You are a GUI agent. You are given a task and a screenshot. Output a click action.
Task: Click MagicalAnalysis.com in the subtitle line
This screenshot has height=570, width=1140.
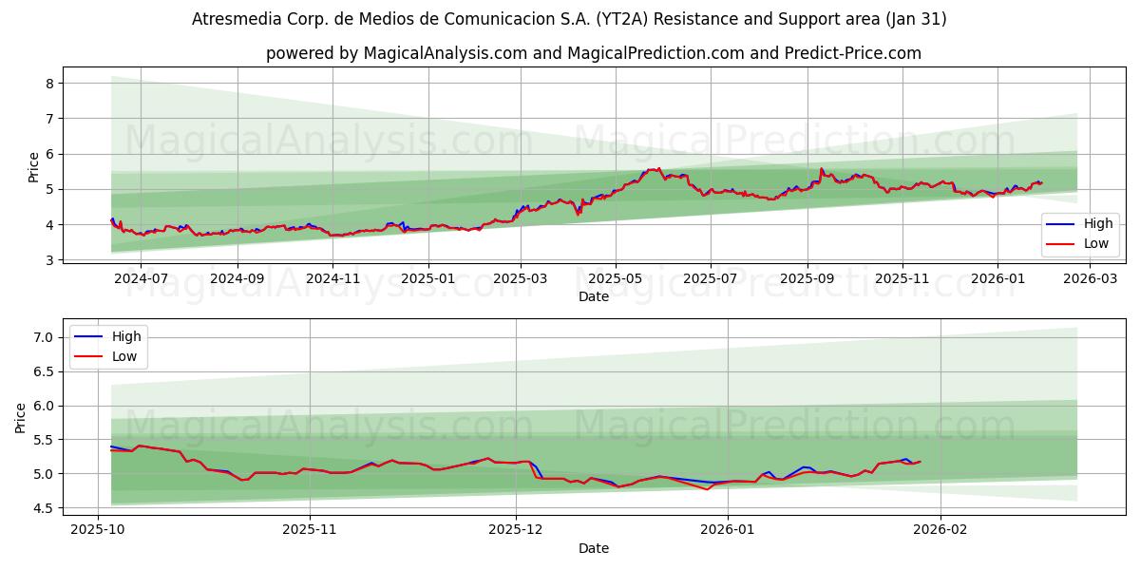(445, 53)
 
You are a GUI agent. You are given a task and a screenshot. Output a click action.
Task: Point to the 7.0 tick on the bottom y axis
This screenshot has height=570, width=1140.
(41, 337)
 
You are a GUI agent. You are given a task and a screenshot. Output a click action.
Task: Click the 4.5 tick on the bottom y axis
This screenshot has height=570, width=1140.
(41, 508)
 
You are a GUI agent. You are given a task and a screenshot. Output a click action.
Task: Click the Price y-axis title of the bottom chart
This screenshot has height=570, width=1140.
(21, 417)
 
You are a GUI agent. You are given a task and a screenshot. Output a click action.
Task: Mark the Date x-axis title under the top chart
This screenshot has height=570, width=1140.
(594, 297)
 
